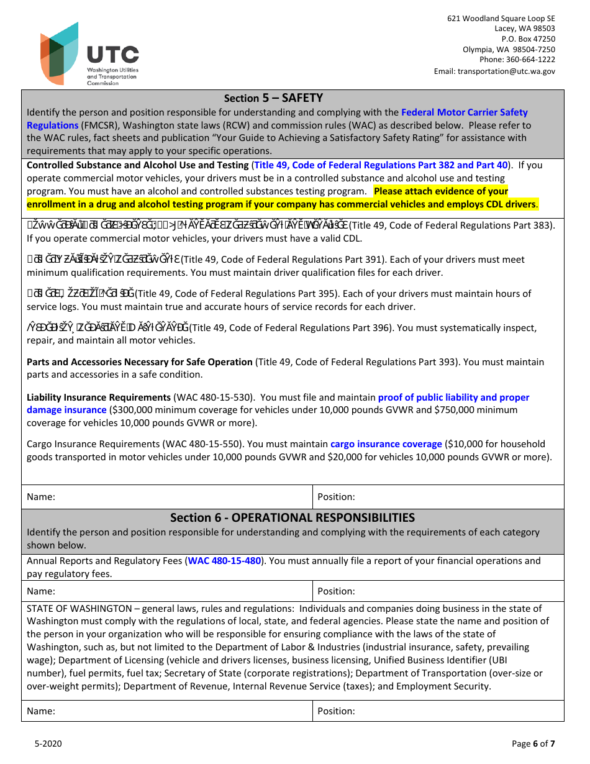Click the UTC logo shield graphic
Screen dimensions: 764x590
click(x=60, y=53)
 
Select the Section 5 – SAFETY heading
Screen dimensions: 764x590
click(x=273, y=98)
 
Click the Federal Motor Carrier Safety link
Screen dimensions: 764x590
click(x=464, y=112)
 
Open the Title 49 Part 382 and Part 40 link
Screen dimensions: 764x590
click(x=381, y=165)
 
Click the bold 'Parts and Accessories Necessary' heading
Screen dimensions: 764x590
click(x=140, y=362)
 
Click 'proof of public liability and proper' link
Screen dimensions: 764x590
click(x=453, y=398)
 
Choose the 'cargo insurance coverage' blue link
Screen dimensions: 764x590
click(x=386, y=444)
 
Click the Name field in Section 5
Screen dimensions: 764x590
click(x=168, y=497)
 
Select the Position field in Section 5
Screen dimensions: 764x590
click(x=438, y=497)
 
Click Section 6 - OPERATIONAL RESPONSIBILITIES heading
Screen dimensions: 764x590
click(x=293, y=517)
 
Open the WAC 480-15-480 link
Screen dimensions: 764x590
click(x=224, y=561)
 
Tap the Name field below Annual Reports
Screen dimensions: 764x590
click(x=168, y=591)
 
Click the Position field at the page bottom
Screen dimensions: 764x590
click(x=438, y=711)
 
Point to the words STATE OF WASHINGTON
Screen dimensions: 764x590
click(x=79, y=609)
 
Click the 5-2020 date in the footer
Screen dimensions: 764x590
click(x=48, y=744)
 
